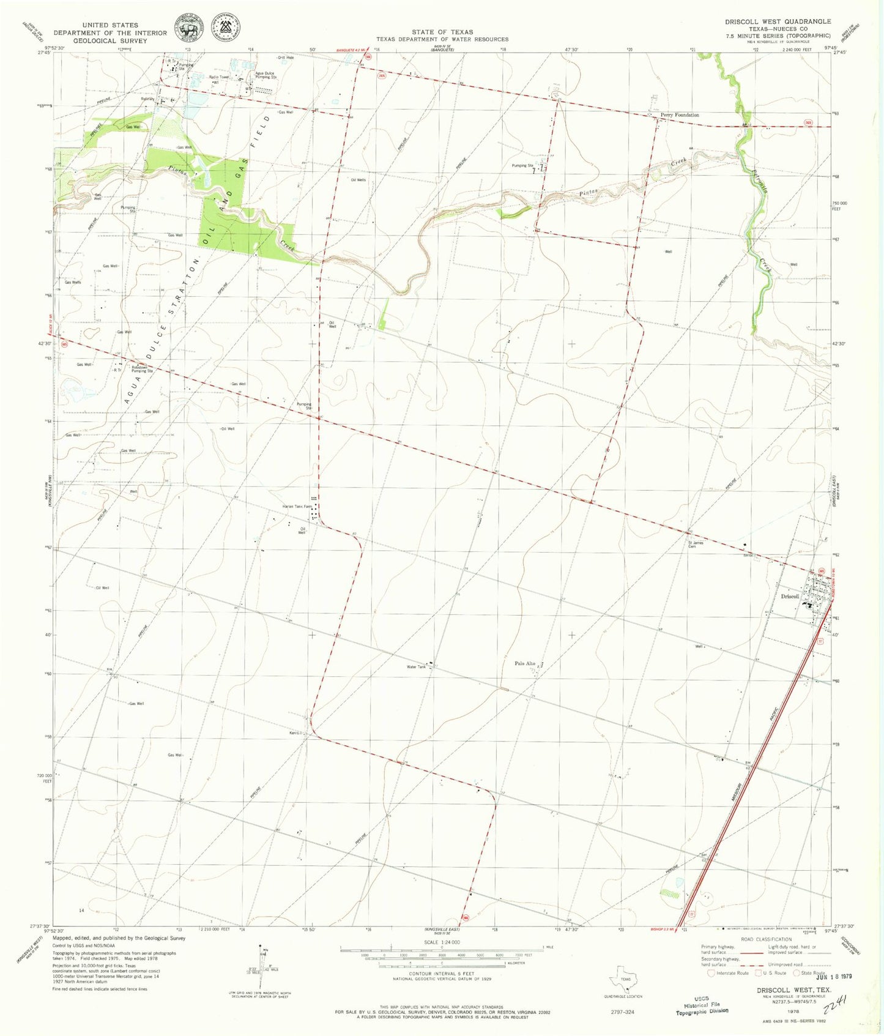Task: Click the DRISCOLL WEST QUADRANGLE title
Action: coord(778,21)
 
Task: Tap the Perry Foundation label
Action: coord(679,115)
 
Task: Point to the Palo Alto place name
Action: coord(525,663)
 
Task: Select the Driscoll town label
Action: coord(790,596)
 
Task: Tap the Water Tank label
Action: coord(416,666)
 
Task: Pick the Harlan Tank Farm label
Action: coord(297,507)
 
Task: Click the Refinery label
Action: coord(147,99)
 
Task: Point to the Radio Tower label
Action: coord(218,77)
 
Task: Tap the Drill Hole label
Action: coord(286,58)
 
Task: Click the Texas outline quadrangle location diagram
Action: coord(625,984)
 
